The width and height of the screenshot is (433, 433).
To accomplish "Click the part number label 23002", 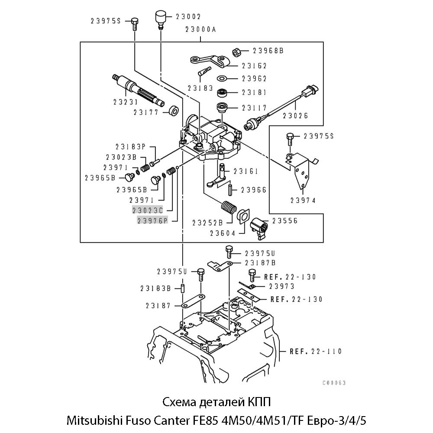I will tap(188, 17).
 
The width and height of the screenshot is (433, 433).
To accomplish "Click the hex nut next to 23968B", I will tap(237, 52).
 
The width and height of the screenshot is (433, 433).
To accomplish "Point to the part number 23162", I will tap(254, 66).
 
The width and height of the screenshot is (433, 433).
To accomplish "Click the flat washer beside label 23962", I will tap(223, 79).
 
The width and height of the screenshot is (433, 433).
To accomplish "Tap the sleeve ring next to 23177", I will tap(174, 111).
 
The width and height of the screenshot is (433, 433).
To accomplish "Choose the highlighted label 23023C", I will tap(147, 210).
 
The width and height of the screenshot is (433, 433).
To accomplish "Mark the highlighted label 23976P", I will tap(152, 221).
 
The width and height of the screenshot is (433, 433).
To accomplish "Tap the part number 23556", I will tap(284, 221).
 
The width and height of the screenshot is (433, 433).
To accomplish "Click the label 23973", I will tap(281, 286).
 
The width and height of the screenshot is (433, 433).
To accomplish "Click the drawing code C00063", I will tap(334, 383).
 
